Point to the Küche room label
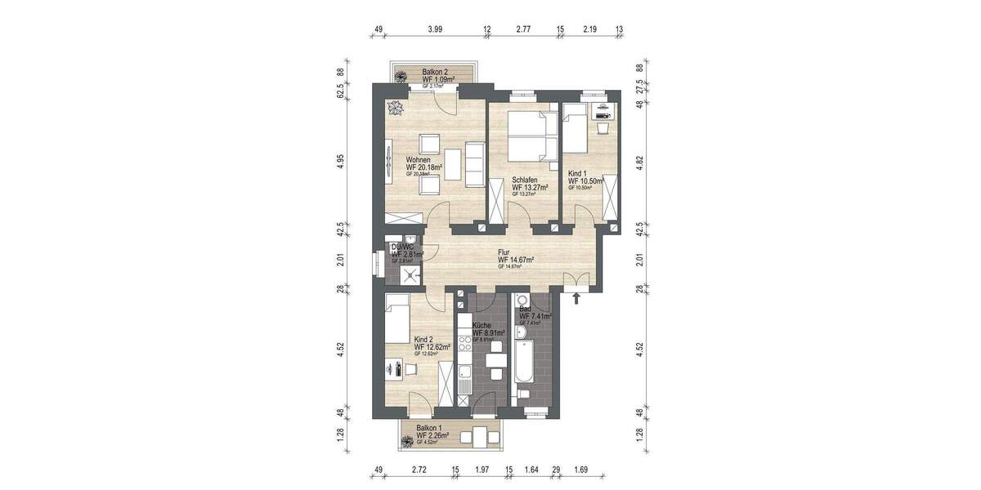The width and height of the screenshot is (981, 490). pyautogui.click(x=482, y=325)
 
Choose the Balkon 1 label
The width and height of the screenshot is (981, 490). pyautogui.click(x=431, y=428)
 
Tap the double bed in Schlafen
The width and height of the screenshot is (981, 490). pyautogui.click(x=531, y=136)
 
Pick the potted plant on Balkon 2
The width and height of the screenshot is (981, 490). pyautogui.click(x=401, y=77)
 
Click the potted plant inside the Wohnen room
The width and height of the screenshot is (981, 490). pyautogui.click(x=396, y=108)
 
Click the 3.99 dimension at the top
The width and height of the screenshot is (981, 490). pyautogui.click(x=436, y=29)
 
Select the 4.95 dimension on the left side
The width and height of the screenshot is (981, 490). pyautogui.click(x=341, y=161)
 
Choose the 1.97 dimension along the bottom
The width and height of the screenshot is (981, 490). pyautogui.click(x=482, y=470)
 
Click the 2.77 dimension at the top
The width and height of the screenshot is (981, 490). pyautogui.click(x=523, y=29)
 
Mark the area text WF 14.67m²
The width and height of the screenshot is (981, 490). pyautogui.click(x=515, y=261)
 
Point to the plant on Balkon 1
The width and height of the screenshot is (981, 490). pyautogui.click(x=405, y=442)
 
